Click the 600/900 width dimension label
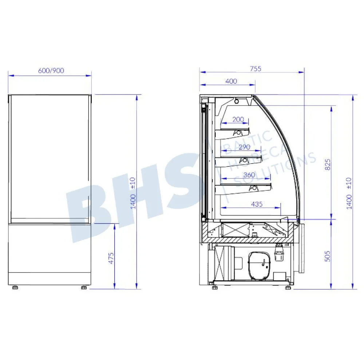(51, 71)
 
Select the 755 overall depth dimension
(256, 68)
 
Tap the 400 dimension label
(231, 81)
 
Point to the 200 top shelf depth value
(238, 119)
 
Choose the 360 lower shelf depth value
(249, 175)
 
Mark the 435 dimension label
(257, 204)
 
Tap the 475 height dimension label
(111, 257)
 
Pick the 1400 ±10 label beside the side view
(349, 193)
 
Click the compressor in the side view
(259, 265)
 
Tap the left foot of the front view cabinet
(15, 288)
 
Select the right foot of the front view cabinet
(84, 288)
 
